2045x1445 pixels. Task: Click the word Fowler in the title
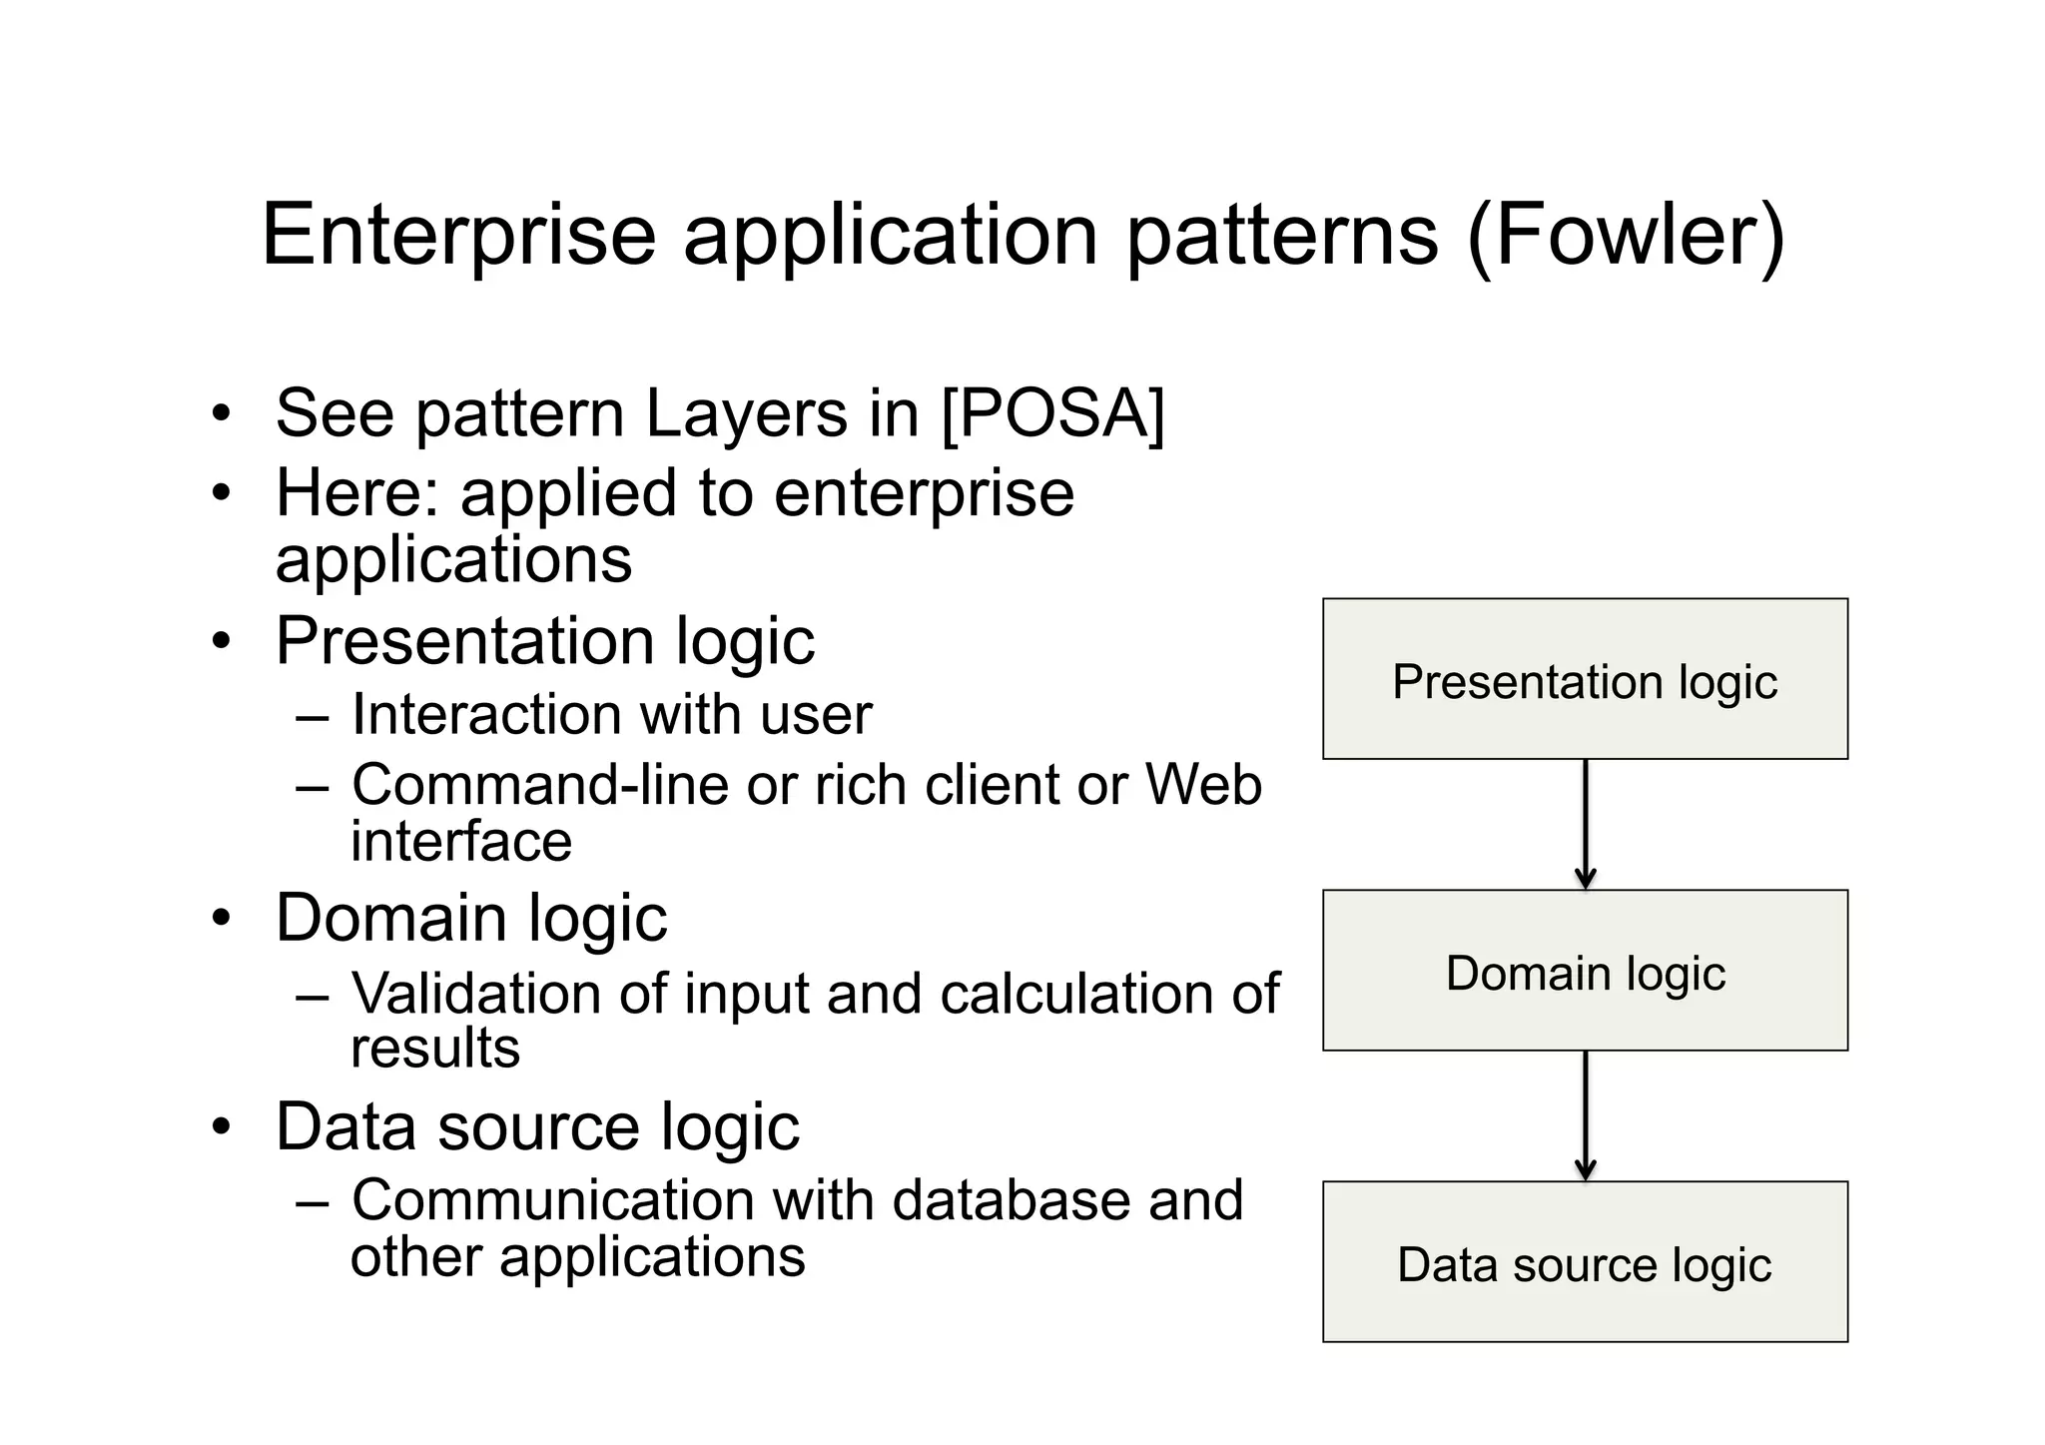(1625, 236)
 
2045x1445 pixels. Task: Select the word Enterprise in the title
(458, 236)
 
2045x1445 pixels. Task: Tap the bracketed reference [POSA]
(1053, 412)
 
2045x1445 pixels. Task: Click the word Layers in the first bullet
(746, 412)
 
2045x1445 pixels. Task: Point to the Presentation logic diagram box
(1585, 679)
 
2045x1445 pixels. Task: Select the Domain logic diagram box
(1585, 970)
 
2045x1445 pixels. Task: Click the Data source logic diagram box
(1585, 1261)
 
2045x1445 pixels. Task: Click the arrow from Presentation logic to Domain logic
(1585, 824)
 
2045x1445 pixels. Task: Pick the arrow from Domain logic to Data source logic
(1585, 1115)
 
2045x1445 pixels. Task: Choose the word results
(435, 1049)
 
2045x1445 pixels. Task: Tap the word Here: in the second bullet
(357, 493)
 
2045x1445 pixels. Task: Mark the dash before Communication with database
(313, 1201)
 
